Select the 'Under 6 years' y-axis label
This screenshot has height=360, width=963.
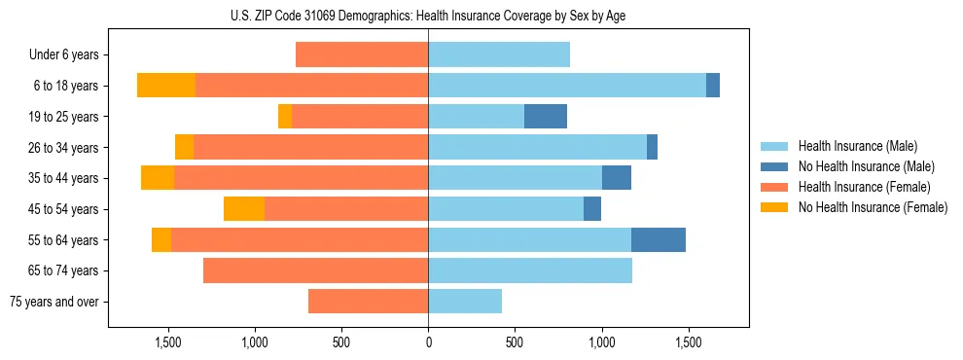click(64, 54)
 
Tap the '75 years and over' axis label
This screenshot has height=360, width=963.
click(54, 302)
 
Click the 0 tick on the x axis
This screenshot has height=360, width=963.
click(428, 342)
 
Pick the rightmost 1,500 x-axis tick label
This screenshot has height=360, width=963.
click(689, 342)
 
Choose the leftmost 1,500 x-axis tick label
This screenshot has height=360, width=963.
click(168, 342)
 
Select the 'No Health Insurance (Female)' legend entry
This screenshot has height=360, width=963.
click(873, 207)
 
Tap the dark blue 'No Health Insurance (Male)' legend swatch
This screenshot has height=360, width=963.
click(775, 166)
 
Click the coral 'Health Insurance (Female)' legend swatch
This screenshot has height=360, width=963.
click(775, 187)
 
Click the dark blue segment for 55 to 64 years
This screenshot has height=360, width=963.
click(659, 239)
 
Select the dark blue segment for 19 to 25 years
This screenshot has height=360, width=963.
click(546, 117)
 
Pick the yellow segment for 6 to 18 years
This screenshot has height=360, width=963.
click(166, 86)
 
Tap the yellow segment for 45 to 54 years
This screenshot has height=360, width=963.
click(244, 209)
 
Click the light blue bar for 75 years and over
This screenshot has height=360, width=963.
click(465, 302)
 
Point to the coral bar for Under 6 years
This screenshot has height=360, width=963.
click(362, 54)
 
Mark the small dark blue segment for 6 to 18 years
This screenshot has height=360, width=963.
click(713, 86)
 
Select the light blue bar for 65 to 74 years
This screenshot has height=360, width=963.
click(530, 270)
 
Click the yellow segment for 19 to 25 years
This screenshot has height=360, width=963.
click(285, 117)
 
